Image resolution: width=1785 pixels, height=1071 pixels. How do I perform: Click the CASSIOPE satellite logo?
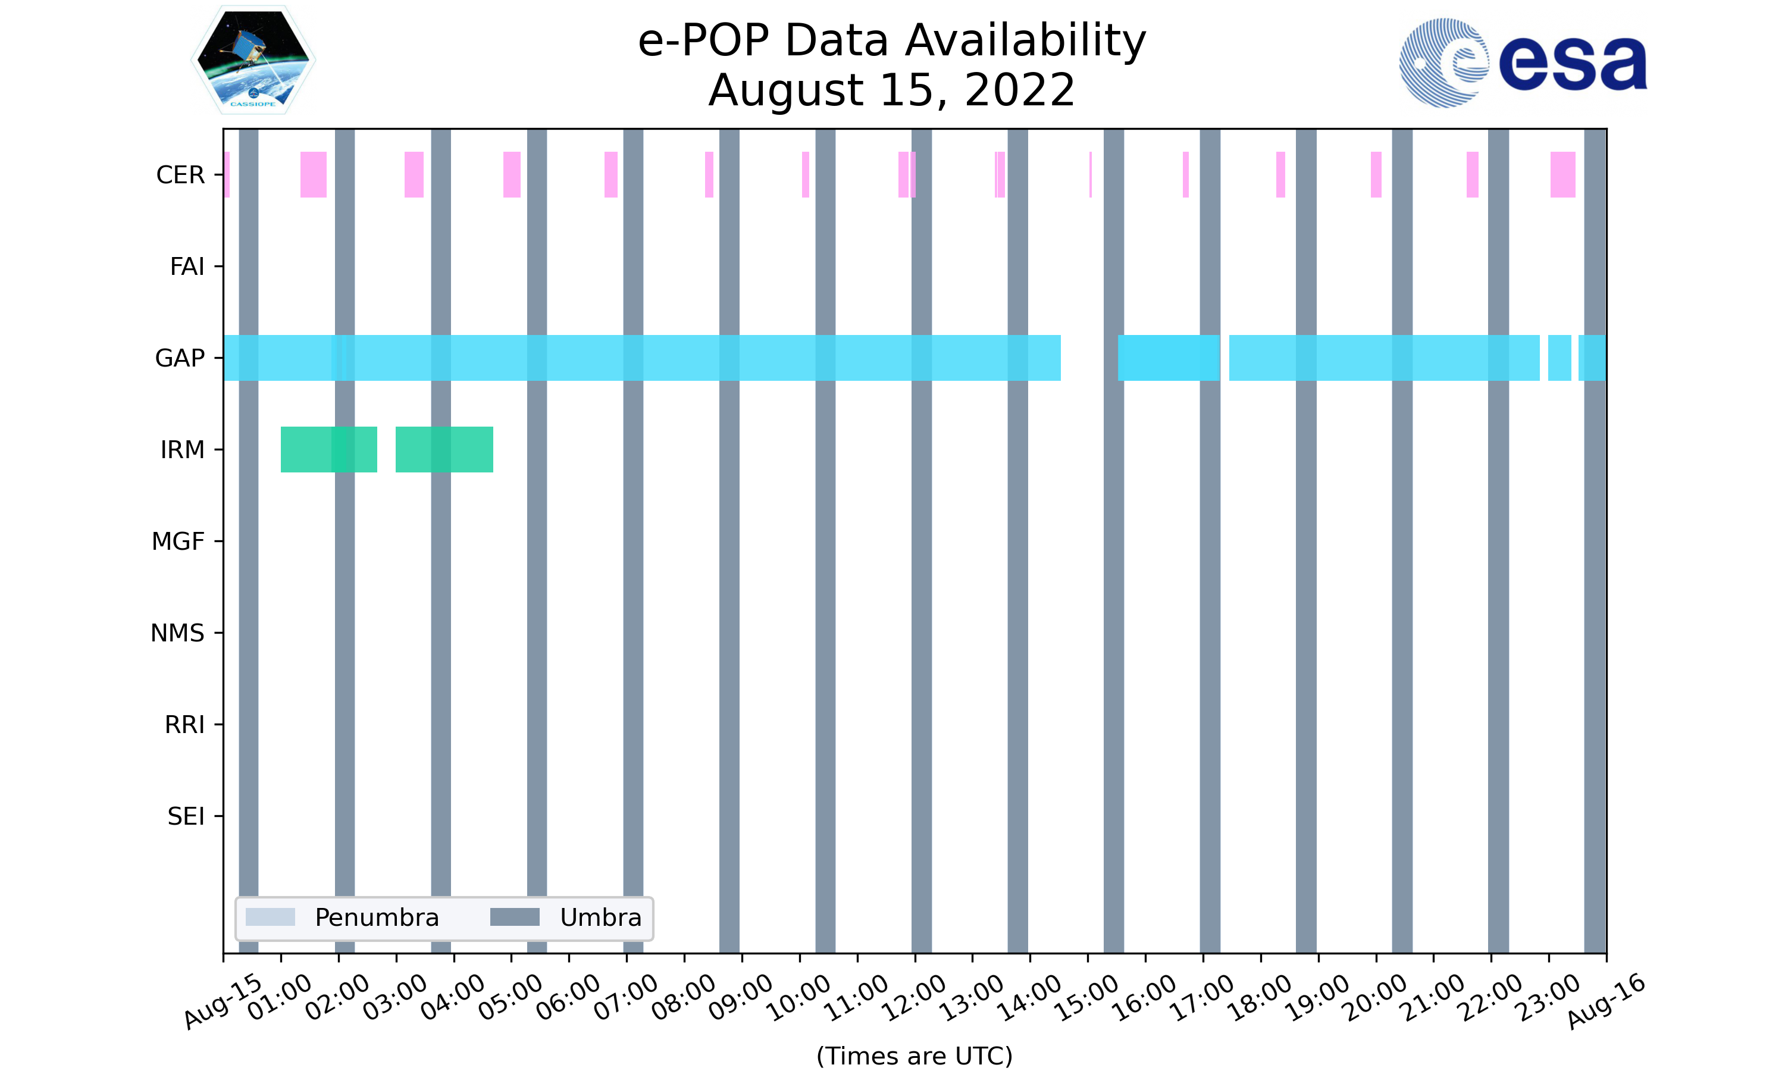253,61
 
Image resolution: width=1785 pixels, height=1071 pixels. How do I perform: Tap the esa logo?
1523,64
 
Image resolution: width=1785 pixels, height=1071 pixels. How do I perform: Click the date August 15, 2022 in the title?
891,91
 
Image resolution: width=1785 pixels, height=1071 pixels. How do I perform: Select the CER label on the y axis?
180,176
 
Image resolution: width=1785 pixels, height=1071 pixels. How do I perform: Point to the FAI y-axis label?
187,267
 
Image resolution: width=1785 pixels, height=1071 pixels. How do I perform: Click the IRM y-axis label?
183,450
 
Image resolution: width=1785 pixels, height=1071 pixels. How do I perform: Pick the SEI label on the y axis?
186,817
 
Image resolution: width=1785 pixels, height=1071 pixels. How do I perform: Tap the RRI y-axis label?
184,725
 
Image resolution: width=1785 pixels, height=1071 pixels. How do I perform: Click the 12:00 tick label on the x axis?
915,998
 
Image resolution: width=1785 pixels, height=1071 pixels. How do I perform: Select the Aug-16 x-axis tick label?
1606,1001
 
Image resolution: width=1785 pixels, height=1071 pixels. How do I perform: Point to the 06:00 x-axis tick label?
569,998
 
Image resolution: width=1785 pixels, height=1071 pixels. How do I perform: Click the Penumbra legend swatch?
270,917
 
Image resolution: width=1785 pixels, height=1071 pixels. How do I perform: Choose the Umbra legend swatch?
515,917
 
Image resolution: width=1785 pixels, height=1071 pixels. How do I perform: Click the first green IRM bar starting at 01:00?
328,450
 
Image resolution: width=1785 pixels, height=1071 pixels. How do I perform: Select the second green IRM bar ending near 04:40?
444,450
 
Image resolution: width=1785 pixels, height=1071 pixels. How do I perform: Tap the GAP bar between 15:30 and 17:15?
1168,358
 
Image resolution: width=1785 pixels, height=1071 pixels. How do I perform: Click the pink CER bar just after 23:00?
1563,175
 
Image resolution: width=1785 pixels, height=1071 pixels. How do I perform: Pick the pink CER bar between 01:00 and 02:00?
313,175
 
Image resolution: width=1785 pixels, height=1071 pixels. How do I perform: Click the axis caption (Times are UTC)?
914,1056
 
